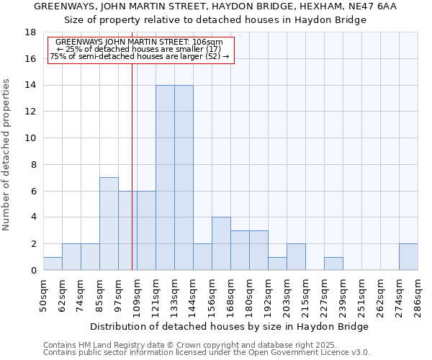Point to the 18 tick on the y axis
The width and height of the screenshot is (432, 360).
coord(30,32)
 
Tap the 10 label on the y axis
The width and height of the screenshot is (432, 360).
coord(30,138)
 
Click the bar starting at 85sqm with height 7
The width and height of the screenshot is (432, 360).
coord(109,223)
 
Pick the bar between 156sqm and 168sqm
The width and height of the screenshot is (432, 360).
coord(221,243)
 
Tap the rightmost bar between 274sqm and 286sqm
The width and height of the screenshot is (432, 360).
coord(408,256)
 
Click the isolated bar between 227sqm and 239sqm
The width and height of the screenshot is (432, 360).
coord(333,264)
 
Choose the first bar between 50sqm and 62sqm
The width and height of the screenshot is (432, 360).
coord(53,264)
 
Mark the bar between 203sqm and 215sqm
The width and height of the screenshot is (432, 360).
coord(296,256)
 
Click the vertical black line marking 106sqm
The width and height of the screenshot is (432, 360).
coord(132,166)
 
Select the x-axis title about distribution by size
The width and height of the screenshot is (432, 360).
coord(230,326)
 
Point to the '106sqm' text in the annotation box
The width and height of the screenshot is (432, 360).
coord(211,42)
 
